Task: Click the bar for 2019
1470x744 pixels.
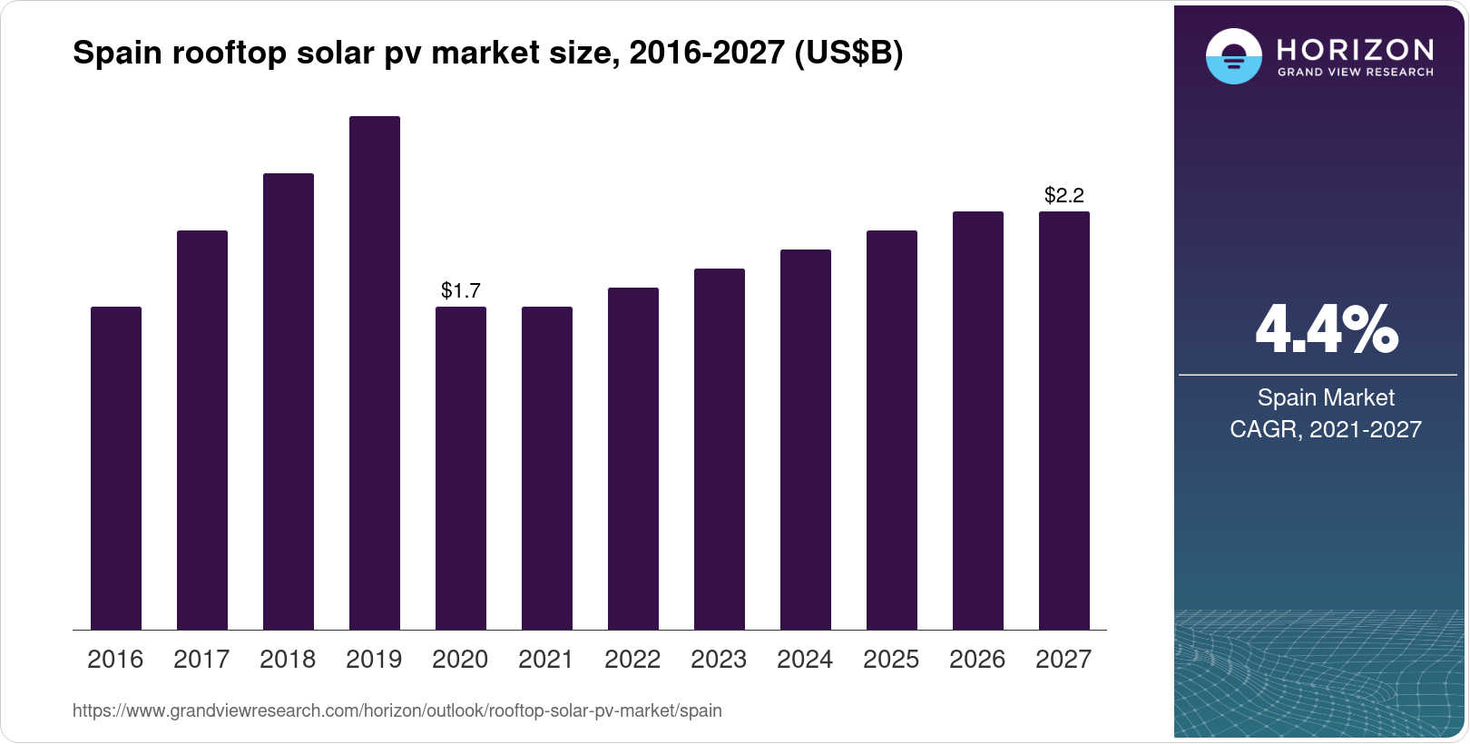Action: click(x=375, y=372)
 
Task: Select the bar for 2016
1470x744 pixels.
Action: click(x=116, y=467)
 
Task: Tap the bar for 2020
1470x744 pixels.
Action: click(x=461, y=467)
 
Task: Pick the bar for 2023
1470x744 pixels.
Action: click(x=720, y=449)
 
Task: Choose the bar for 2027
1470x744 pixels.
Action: click(x=1064, y=420)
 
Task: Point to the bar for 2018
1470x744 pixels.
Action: click(x=289, y=401)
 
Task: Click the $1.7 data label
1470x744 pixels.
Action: click(x=461, y=290)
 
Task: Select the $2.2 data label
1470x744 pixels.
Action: click(x=1064, y=195)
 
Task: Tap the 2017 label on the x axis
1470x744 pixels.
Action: click(x=201, y=659)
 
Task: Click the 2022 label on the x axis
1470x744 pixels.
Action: click(x=632, y=659)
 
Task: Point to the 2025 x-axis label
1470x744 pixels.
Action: click(x=891, y=659)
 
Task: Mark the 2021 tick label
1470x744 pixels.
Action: click(x=546, y=659)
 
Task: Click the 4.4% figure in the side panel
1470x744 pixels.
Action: click(x=1326, y=330)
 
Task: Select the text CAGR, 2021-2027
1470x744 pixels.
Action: click(x=1326, y=429)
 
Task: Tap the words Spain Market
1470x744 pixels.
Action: click(x=1326, y=397)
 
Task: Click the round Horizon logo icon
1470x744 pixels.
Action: click(x=1233, y=56)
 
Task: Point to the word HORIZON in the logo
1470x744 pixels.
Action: click(x=1356, y=49)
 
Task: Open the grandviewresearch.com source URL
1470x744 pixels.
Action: click(x=397, y=710)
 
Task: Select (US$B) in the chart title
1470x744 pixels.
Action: click(x=848, y=53)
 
